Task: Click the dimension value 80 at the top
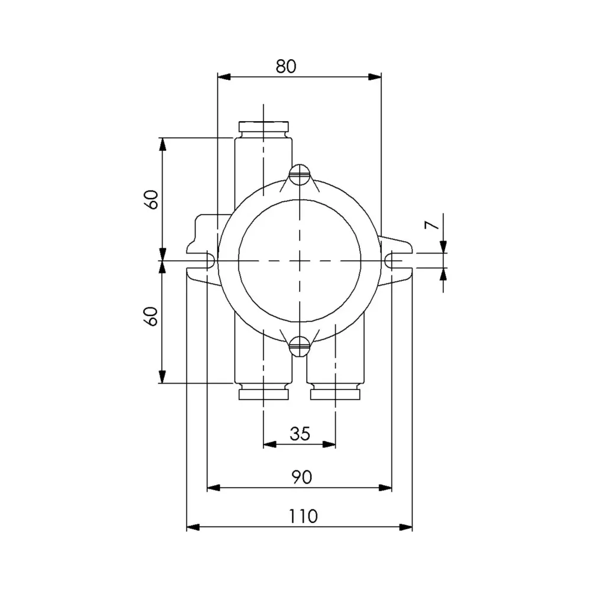[x=285, y=66]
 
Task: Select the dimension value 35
[x=300, y=434]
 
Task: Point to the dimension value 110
[x=303, y=516]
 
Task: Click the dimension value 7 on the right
[x=433, y=226]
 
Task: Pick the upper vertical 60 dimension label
[x=152, y=199]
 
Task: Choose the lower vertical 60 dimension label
[x=152, y=316]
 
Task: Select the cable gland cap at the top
[x=264, y=126]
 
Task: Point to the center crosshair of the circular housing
[x=300, y=261]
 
